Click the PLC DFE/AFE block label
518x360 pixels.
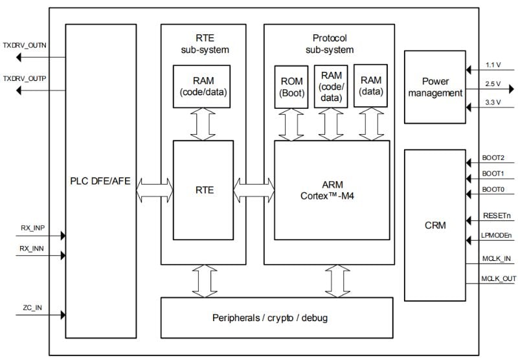100,181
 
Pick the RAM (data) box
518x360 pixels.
370,85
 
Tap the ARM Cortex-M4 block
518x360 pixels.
332,190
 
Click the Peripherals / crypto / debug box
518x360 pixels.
276,317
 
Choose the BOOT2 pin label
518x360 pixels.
493,157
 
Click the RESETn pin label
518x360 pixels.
496,216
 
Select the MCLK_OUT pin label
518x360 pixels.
499,278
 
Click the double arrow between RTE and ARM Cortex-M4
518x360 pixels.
253,190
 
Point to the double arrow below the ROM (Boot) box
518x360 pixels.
289,124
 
